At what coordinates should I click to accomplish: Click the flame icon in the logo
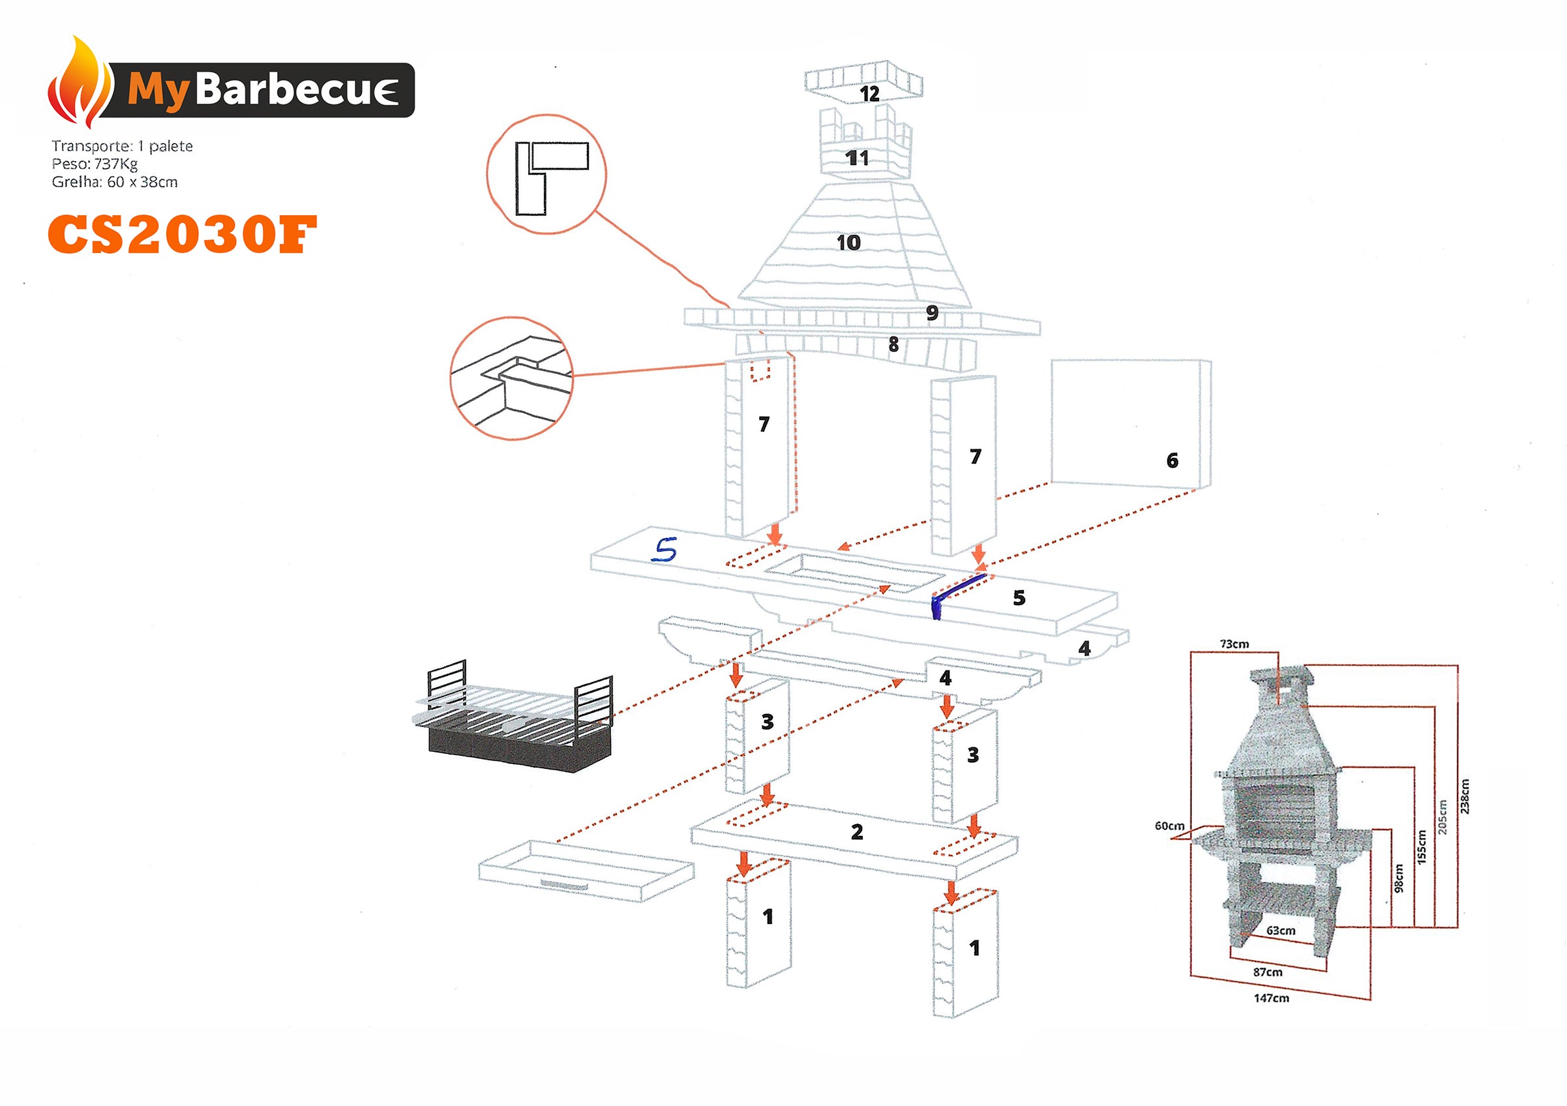[80, 83]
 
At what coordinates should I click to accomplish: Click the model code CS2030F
[182, 234]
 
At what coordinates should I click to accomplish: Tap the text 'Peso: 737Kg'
[95, 164]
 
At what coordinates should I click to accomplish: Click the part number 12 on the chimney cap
[869, 93]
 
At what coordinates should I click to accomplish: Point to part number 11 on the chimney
[858, 158]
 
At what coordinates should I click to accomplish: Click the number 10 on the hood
[848, 243]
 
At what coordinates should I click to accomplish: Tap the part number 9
[932, 312]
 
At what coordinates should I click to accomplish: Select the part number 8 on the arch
[893, 345]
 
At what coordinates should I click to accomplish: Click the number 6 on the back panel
[1172, 460]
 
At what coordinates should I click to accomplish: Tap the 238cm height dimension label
[1465, 796]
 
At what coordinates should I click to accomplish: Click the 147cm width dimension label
[1272, 998]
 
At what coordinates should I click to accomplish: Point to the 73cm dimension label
[1234, 644]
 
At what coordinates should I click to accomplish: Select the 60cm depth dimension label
[1169, 826]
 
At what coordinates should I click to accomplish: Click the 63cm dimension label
[1280, 931]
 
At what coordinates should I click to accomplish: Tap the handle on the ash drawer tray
[563, 885]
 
